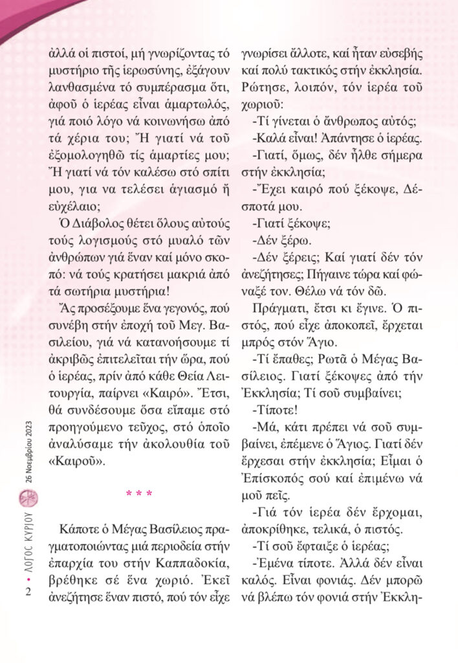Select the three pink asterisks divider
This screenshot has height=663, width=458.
(138, 495)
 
